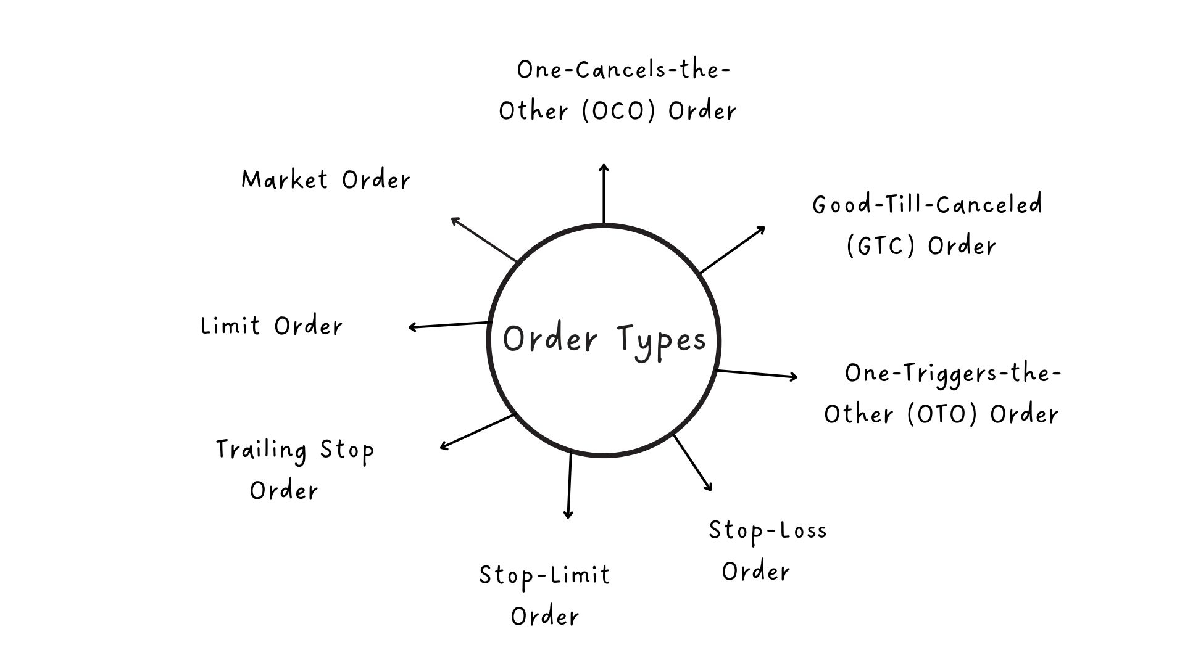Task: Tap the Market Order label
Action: pos(325,180)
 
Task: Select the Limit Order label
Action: pos(272,326)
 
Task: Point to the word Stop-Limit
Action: pos(544,576)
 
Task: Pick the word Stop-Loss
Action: pos(767,531)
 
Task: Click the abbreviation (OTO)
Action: pos(942,414)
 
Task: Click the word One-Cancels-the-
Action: pos(623,70)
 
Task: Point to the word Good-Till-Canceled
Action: pos(927,205)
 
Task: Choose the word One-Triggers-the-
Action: pos(952,374)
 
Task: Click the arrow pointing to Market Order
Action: pos(484,239)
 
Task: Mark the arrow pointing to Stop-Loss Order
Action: pos(692,462)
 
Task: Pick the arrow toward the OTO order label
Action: pos(757,374)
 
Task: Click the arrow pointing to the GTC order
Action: pos(733,250)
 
